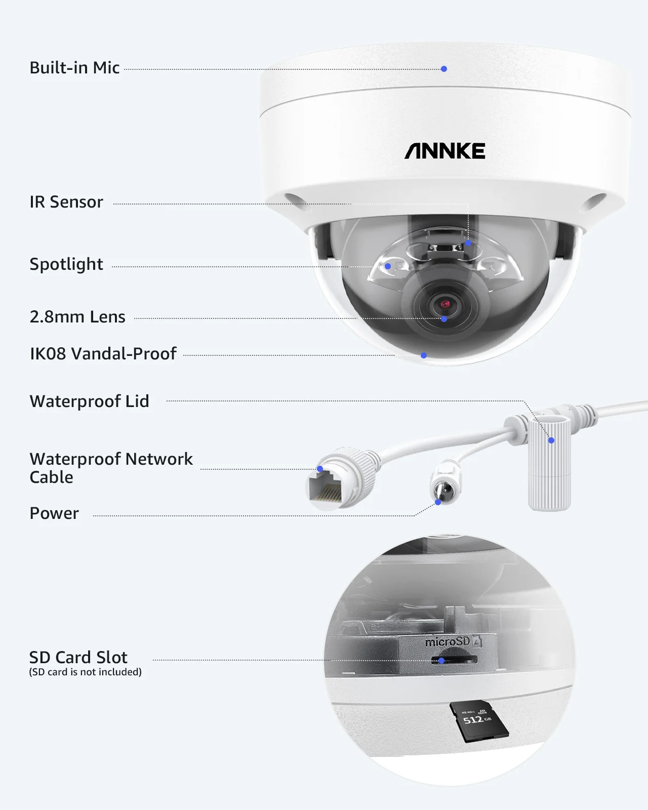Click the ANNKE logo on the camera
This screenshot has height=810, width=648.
pyautogui.click(x=444, y=151)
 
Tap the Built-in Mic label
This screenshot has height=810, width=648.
pyautogui.click(x=74, y=68)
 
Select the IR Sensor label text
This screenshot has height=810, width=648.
pyautogui.click(x=66, y=202)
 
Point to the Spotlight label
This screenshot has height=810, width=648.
pyautogui.click(x=66, y=264)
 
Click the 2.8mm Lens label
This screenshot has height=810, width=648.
pyautogui.click(x=77, y=317)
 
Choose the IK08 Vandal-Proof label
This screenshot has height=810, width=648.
pyautogui.click(x=103, y=354)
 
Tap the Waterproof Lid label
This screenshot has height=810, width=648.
pyautogui.click(x=90, y=401)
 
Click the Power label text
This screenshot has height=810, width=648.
pyautogui.click(x=54, y=513)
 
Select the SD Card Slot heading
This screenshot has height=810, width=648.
pyautogui.click(x=78, y=657)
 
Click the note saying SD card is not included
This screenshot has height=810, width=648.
pyautogui.click(x=85, y=672)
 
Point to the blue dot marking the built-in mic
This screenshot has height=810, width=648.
pyautogui.click(x=444, y=69)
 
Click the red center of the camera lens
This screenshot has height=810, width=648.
pyautogui.click(x=445, y=304)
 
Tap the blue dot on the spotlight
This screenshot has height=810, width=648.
pyautogui.click(x=388, y=266)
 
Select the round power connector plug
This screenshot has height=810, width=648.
pyautogui.click(x=445, y=486)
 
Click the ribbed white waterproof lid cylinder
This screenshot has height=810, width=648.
pyautogui.click(x=549, y=466)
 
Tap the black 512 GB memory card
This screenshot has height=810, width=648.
pyautogui.click(x=478, y=720)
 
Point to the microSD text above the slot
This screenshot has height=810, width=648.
pyautogui.click(x=448, y=642)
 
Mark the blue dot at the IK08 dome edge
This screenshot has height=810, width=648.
pyautogui.click(x=424, y=355)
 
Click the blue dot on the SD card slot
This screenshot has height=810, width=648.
pyautogui.click(x=441, y=661)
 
